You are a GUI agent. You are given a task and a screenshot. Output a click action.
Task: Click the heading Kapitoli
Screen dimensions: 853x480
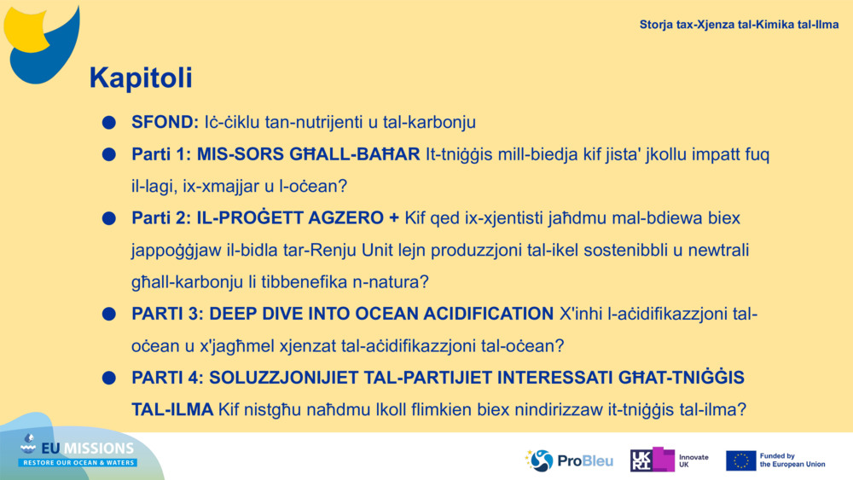pos(141,78)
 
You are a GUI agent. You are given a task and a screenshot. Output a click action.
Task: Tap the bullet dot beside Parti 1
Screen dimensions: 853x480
pos(109,154)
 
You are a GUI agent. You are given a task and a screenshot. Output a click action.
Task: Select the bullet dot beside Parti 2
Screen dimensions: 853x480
pos(109,218)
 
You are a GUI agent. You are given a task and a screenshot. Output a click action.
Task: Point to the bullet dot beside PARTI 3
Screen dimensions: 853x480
pos(109,314)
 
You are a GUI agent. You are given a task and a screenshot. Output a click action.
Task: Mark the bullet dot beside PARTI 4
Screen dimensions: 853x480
pos(109,378)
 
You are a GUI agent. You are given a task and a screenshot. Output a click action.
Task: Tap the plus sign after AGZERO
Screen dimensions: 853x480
pos(394,218)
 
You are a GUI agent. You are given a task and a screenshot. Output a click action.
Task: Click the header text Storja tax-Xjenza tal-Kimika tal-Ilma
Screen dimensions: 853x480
pos(739,25)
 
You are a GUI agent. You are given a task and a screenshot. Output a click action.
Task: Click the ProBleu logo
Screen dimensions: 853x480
pos(569,461)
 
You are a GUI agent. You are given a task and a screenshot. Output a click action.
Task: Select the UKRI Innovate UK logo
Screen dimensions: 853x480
pos(669,460)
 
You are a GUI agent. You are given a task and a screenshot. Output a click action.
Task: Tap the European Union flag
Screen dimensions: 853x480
pos(741,461)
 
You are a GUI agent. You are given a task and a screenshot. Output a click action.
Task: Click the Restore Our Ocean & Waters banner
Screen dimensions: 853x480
pos(78,463)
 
